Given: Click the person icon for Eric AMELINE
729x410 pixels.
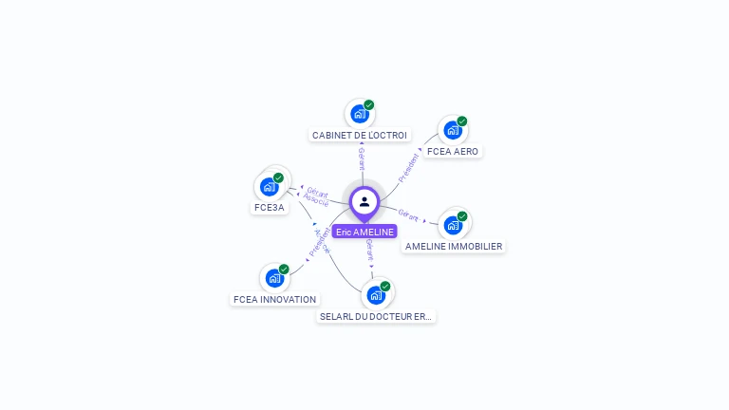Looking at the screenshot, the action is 364,201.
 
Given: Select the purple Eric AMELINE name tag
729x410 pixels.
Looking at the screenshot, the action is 364,232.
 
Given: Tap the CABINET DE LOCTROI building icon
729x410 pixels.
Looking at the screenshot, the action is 359,114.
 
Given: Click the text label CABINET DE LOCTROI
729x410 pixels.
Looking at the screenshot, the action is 360,136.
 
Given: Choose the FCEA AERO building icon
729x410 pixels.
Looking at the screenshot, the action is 452,130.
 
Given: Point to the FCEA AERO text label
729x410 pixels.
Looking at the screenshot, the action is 453,152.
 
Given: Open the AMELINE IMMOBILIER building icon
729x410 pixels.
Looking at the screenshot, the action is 453,225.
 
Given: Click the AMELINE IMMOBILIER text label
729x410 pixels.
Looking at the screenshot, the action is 454,247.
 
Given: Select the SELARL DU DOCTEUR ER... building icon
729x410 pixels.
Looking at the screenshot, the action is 376,295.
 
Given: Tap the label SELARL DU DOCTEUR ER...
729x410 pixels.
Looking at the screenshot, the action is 377,317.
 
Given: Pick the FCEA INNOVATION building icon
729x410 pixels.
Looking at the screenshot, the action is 274,278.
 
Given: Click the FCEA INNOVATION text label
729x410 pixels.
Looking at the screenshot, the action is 275,300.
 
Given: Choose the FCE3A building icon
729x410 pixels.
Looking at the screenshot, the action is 270,186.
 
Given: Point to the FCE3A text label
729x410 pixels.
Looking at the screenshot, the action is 270,208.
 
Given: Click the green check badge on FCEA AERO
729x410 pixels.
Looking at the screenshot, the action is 462,121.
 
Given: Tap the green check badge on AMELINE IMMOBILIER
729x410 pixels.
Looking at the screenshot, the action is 463,216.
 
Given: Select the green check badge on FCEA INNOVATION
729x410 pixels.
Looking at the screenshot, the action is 284,270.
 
